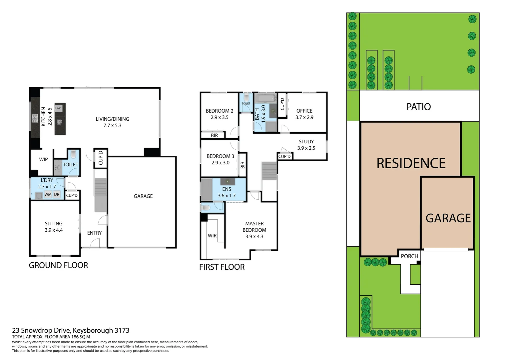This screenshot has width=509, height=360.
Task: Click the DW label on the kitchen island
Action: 58,108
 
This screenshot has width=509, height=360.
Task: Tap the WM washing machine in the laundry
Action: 48,194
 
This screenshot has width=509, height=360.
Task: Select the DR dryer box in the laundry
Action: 57,194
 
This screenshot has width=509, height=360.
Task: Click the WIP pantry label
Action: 43,159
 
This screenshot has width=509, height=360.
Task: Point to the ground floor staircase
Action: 100,195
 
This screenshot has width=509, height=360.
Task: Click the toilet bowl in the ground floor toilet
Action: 73,155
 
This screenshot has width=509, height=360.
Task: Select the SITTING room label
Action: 54,224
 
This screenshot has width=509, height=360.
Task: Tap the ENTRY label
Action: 94,233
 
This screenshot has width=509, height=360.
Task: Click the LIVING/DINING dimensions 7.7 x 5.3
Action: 112,126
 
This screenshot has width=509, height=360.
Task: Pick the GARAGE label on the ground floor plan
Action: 143,196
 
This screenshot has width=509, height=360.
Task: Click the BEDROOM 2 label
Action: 220,111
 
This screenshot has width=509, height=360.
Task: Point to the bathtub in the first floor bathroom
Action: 265,98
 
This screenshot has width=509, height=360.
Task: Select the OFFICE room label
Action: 304,111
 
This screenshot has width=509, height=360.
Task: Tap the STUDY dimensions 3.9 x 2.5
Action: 306,148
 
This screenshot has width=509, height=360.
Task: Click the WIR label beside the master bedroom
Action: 212,236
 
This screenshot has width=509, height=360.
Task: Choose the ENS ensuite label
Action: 227,189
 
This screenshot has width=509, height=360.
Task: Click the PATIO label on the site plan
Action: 418,107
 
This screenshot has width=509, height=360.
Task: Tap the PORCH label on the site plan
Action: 409,256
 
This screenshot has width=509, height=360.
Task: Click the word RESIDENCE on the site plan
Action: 411,163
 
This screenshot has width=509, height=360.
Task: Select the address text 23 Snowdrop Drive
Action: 41,330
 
